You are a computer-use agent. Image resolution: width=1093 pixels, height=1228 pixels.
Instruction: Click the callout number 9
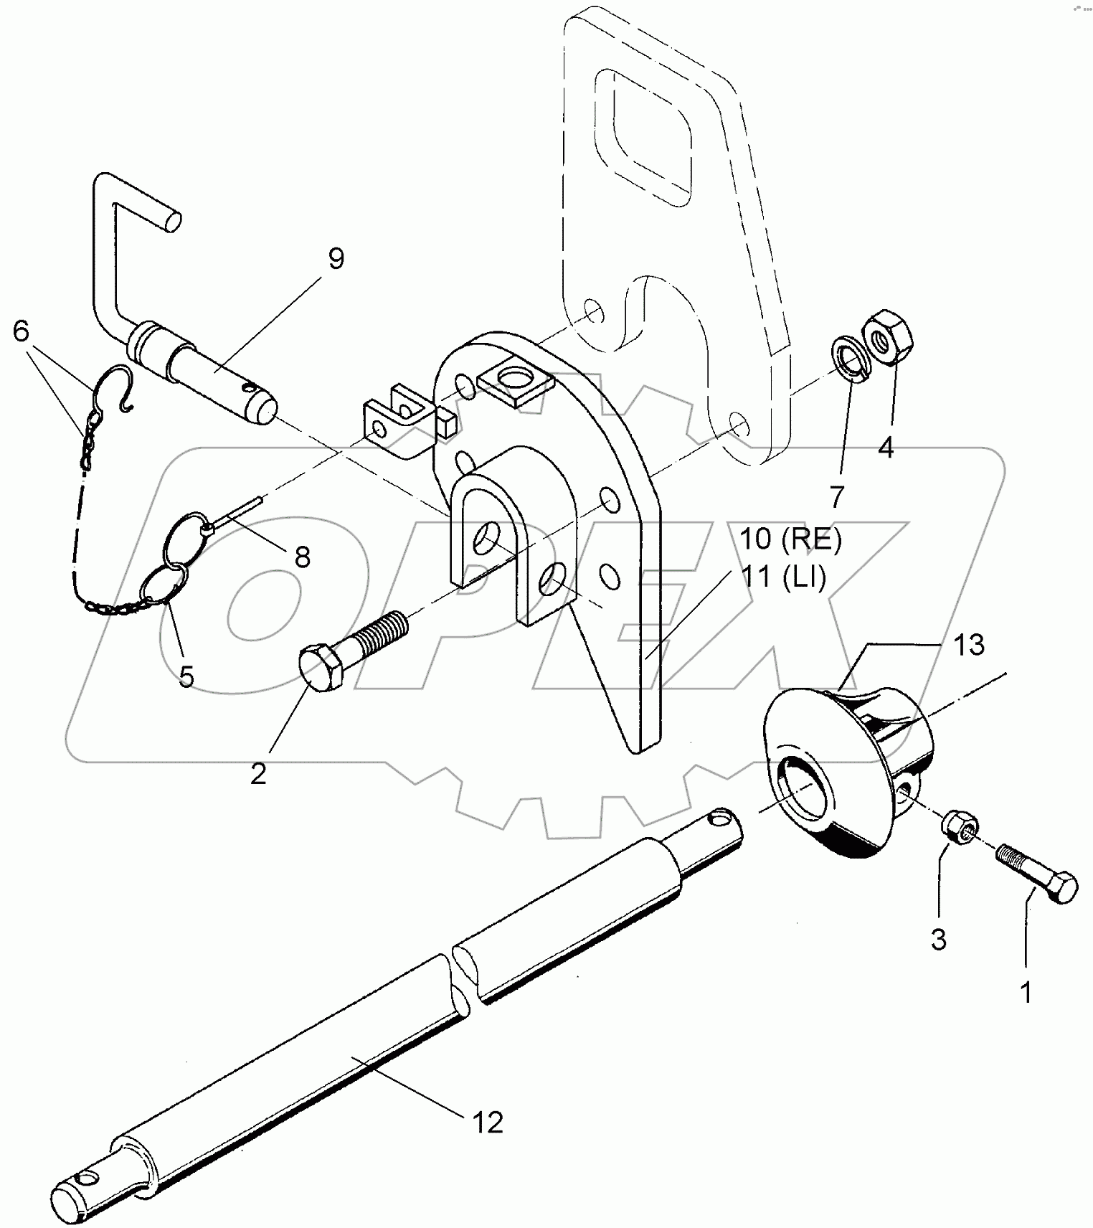coord(336,258)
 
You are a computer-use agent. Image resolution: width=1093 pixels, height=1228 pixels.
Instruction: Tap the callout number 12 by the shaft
coord(488,1122)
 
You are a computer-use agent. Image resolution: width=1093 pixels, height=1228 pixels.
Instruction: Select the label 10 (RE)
coord(790,539)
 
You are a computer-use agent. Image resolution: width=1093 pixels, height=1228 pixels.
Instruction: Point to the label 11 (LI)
coord(783,576)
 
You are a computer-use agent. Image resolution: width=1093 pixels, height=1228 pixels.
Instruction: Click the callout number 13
coord(969,645)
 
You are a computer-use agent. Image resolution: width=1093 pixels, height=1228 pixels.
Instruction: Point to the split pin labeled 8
coord(240,510)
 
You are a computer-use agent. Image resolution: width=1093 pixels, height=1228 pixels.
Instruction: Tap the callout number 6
coord(21,331)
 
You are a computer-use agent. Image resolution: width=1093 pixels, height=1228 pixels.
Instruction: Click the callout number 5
coord(186,676)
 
